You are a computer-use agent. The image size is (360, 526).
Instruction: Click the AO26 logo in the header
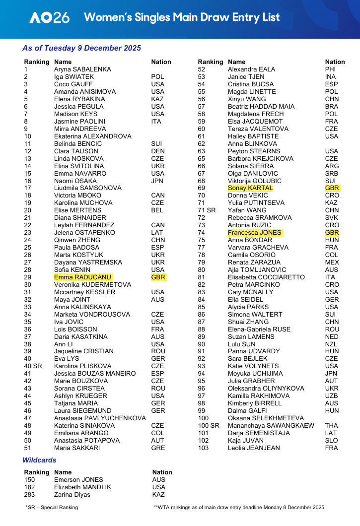click(49, 18)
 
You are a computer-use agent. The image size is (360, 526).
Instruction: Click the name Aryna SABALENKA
click(82, 69)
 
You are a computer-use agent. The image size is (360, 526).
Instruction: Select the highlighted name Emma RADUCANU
click(83, 277)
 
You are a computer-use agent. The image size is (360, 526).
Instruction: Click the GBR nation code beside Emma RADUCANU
click(158, 277)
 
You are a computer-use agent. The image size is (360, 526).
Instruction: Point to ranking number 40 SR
click(33, 366)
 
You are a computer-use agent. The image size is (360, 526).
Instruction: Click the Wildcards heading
click(39, 460)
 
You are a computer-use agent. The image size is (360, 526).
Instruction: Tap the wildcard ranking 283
click(30, 494)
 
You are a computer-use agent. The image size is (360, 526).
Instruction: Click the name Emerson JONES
click(78, 479)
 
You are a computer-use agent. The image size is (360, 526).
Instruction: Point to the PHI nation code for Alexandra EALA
click(330, 69)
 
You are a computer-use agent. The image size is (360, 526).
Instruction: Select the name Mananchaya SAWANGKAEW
click(271, 426)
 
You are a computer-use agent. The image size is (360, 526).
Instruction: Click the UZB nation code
click(332, 396)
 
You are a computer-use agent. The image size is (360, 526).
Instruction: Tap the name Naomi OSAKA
click(75, 181)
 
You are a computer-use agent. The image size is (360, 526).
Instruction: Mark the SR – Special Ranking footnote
click(52, 507)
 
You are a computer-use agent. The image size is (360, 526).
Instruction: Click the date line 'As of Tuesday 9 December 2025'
click(81, 48)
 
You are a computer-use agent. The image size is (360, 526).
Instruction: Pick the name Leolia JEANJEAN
click(254, 448)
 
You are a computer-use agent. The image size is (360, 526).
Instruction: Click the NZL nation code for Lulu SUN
click(331, 344)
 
